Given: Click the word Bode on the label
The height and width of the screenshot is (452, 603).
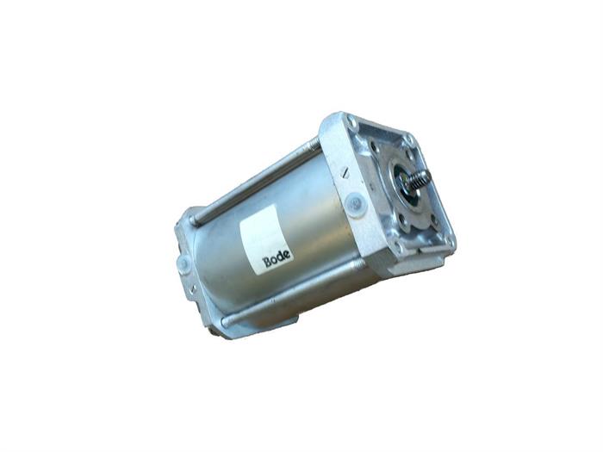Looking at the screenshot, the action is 277,258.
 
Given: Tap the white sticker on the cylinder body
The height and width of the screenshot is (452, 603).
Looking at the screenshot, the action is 265,238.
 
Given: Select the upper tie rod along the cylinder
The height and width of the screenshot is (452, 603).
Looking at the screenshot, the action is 256,181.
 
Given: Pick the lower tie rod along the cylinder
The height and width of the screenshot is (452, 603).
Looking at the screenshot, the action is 293,293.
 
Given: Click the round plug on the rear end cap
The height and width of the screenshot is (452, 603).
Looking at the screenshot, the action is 183,264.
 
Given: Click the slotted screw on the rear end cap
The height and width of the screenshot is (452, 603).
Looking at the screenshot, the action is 193,289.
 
